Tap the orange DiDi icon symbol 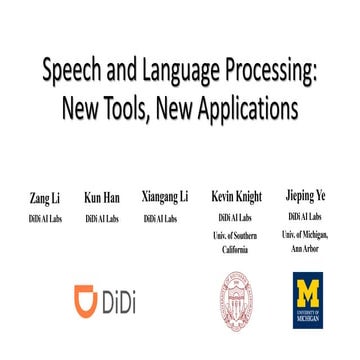88,299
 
